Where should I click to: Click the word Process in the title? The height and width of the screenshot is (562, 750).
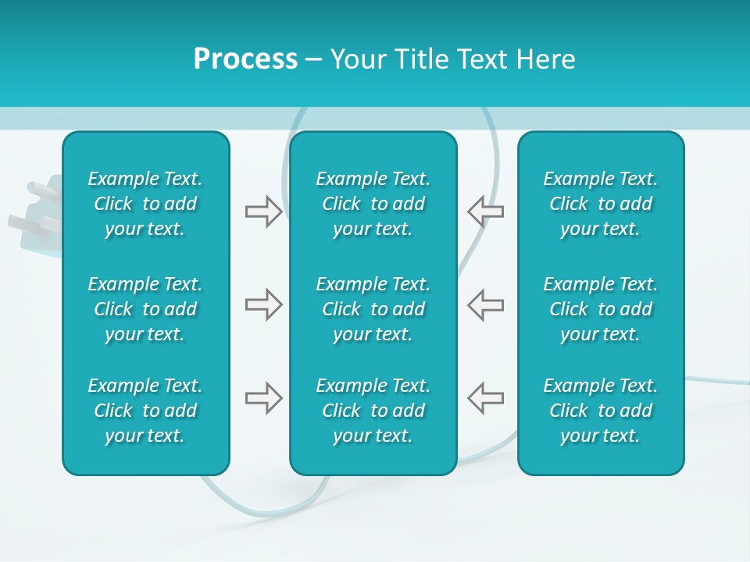pyautogui.click(x=245, y=59)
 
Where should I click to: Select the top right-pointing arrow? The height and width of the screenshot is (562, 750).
pyautogui.click(x=263, y=212)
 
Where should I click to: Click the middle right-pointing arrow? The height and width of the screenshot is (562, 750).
pyautogui.click(x=263, y=304)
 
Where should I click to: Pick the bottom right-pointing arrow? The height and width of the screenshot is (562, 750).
pyautogui.click(x=263, y=398)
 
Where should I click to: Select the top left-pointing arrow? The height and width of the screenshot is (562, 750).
pyautogui.click(x=485, y=212)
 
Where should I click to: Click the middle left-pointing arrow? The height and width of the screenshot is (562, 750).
pyautogui.click(x=485, y=304)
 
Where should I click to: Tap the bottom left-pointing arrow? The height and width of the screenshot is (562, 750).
pyautogui.click(x=485, y=398)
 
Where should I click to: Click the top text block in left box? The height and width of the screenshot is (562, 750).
pyautogui.click(x=145, y=204)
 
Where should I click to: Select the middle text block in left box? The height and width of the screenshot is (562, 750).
pyautogui.click(x=145, y=309)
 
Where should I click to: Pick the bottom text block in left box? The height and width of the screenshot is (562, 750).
pyautogui.click(x=145, y=411)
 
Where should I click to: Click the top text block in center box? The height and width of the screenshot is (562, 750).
pyautogui.click(x=373, y=204)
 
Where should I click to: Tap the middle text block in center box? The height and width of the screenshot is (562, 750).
pyautogui.click(x=373, y=309)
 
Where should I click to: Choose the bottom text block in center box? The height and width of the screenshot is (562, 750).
pyautogui.click(x=373, y=411)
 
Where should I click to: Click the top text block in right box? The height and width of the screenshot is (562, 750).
pyautogui.click(x=601, y=204)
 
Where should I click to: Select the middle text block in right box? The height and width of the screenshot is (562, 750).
pyautogui.click(x=601, y=309)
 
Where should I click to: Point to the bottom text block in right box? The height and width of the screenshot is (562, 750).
pyautogui.click(x=601, y=411)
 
